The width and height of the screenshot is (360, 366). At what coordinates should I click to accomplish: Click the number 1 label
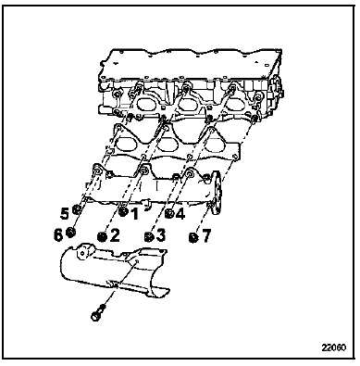tap(134, 214)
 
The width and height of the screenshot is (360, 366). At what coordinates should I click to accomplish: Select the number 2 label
tap(114, 236)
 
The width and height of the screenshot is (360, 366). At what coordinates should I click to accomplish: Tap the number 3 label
tap(160, 236)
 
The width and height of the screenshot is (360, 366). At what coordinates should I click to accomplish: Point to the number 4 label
tap(180, 214)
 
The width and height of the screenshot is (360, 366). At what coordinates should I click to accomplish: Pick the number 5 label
tap(65, 214)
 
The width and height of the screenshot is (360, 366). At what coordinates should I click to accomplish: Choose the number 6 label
tap(58, 235)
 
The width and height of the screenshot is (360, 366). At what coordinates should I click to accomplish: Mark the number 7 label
tap(205, 236)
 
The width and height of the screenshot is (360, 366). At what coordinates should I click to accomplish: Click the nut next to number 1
tap(123, 212)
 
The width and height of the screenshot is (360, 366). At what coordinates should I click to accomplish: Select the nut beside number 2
tap(102, 237)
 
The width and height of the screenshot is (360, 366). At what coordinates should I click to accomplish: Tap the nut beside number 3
tap(149, 236)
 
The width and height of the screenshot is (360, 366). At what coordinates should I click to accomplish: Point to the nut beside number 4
tap(169, 213)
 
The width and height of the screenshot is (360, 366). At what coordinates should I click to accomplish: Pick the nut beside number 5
tap(76, 210)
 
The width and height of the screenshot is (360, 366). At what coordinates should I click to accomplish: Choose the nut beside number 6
tap(70, 233)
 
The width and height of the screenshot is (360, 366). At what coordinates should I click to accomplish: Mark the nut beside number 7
tap(193, 237)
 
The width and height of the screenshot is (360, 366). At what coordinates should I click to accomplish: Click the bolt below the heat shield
tap(98, 312)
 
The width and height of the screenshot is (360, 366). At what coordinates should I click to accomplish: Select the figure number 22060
tap(334, 347)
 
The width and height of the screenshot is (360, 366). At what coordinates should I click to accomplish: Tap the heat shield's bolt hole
tap(136, 261)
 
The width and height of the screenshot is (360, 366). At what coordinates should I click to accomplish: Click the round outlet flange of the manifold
tap(217, 192)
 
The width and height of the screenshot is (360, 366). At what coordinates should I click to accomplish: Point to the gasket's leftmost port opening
tap(125, 143)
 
